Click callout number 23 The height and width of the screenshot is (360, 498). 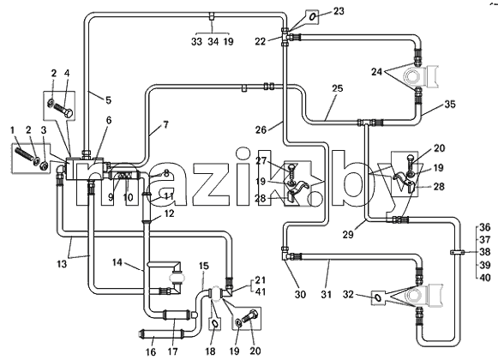[339, 11]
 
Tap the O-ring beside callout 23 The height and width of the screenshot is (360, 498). [313, 16]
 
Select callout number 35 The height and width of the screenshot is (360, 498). [450, 105]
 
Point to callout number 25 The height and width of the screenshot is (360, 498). [338, 88]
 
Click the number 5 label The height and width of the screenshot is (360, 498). [109, 100]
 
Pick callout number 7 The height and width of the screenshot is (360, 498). [165, 125]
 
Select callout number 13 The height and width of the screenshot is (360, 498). [62, 264]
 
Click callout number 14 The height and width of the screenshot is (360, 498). [117, 263]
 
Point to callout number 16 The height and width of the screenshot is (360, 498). [151, 351]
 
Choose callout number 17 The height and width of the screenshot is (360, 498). [173, 351]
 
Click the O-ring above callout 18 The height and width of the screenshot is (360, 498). [214, 324]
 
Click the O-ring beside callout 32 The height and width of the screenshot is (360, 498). [378, 297]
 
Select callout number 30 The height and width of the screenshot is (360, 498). [300, 295]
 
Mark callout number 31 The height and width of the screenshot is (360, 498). [327, 295]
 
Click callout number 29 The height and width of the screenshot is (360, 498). [348, 235]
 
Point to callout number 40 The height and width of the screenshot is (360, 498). [485, 278]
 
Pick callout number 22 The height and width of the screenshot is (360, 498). [260, 42]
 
